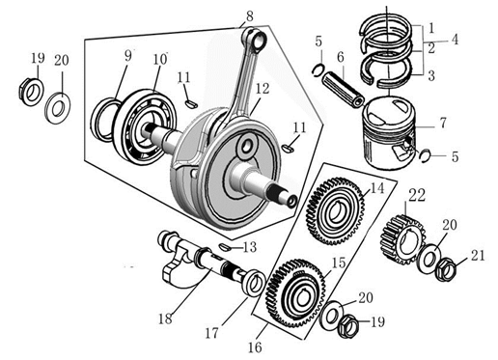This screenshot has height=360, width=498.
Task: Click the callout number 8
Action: tap(249, 16)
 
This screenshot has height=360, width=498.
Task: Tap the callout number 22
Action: tap(417, 195)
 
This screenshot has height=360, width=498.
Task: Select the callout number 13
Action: tap(250, 248)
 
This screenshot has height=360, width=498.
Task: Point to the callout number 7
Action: tap(443, 123)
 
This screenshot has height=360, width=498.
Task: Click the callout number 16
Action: tap(255, 347)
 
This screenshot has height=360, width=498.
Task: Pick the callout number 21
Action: tap(478, 256)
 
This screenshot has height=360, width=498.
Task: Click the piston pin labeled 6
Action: tap(344, 89)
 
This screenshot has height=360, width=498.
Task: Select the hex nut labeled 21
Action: tap(445, 268)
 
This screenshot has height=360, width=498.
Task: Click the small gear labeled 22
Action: tap(402, 239)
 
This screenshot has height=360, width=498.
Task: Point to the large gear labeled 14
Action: tap(336, 211)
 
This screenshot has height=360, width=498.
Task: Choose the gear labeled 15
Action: tap(295, 293)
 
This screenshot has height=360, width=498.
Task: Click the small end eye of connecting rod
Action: tap(258, 41)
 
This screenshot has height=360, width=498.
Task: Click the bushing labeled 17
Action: tap(254, 284)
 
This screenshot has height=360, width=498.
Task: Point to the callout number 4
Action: tap(455, 40)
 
